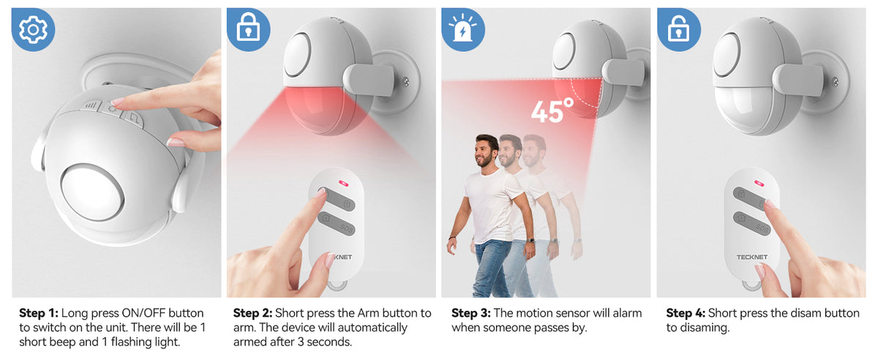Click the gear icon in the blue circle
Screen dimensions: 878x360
point(33,29)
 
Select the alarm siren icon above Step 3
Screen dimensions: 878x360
point(462,28)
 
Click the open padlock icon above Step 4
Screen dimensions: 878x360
point(678,29)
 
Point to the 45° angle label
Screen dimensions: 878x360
point(552,110)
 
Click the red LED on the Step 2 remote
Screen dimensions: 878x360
point(344,183)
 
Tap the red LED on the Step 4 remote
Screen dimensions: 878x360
point(759,183)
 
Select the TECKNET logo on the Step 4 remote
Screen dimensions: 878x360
point(752,258)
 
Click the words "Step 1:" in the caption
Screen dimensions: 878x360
point(38,313)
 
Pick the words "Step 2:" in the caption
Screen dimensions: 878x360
point(252,313)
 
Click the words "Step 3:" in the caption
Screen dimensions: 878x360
point(470,313)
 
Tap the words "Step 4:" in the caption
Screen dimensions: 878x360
point(686,313)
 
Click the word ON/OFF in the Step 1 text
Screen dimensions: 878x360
point(143,313)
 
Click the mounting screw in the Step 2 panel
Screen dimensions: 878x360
point(407,82)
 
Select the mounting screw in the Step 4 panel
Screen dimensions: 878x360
point(836,81)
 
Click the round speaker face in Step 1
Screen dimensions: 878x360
point(93,193)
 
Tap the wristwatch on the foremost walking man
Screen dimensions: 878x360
point(530,240)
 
